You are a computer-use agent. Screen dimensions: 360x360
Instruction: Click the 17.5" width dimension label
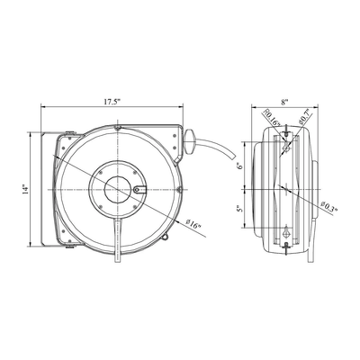click(112, 102)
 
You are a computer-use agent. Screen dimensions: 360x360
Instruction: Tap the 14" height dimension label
click(26, 190)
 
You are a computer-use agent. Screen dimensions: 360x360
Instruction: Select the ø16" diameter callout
click(193, 224)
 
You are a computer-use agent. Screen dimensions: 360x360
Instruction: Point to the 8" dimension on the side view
click(284, 102)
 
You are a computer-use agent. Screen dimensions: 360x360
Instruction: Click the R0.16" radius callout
click(272, 118)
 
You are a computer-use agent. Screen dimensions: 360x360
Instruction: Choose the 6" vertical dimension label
click(239, 166)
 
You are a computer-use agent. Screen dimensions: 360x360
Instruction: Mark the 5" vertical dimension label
click(239, 209)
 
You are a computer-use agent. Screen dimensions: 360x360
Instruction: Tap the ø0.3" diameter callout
click(328, 206)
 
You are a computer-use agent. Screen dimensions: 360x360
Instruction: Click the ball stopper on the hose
click(189, 141)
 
